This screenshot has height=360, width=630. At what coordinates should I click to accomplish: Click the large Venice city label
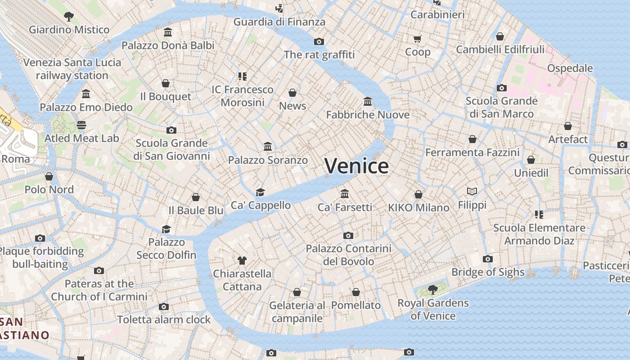(356, 166)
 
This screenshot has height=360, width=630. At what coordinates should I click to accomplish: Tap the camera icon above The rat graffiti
(319, 42)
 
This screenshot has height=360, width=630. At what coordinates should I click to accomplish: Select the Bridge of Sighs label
(488, 272)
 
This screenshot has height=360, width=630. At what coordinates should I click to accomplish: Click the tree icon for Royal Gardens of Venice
(432, 289)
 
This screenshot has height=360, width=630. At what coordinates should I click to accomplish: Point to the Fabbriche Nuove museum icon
(368, 102)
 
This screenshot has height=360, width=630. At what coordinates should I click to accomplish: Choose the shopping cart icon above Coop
(418, 39)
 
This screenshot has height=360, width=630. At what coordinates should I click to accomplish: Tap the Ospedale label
(570, 68)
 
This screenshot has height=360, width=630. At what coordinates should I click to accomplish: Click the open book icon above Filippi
(472, 192)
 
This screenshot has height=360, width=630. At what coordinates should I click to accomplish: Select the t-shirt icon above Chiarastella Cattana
(242, 260)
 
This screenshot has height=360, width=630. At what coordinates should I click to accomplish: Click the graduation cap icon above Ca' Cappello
(260, 192)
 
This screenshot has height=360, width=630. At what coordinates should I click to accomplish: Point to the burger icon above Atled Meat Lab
(81, 125)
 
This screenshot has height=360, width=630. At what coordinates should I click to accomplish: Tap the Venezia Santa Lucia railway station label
(72, 69)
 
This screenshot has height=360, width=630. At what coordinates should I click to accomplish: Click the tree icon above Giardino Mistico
(69, 17)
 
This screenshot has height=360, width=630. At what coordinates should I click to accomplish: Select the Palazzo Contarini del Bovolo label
(348, 255)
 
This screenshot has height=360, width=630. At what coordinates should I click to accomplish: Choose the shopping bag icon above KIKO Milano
(418, 194)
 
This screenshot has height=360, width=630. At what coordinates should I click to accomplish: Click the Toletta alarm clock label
(164, 319)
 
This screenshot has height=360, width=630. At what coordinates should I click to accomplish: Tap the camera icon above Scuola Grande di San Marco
(501, 88)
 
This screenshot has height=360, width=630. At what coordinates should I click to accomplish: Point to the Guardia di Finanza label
(279, 22)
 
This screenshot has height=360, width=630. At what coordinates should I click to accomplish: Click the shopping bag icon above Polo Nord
(49, 176)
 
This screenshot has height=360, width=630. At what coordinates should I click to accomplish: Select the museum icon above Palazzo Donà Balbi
(168, 32)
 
